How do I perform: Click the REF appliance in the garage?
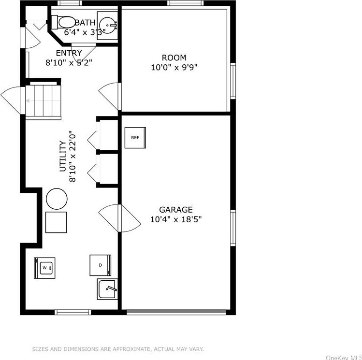tap(135, 138)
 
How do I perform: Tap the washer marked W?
tap(44, 268)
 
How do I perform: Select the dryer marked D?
tap(101, 265)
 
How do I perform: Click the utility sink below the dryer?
tap(107, 289)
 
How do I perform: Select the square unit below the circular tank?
tap(56, 222)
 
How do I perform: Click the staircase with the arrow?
tap(44, 101)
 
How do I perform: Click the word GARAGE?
tap(176, 210)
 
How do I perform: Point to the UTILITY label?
tap(62, 156)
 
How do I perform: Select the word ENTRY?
tap(69, 53)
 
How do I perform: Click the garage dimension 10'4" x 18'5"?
tap(176, 219)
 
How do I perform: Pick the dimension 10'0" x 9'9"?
tap(174, 67)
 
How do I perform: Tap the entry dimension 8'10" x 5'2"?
tap(69, 62)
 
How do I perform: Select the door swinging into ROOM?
tap(110, 95)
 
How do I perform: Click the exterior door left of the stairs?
tap(12, 101)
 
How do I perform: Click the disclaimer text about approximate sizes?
tap(118, 349)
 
